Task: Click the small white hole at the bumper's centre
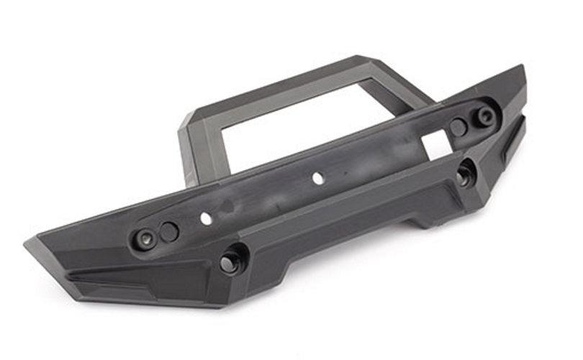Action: (x=316, y=176)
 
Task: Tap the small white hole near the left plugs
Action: (x=206, y=217)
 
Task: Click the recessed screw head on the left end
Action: (x=146, y=238)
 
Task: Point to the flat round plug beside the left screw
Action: (x=169, y=231)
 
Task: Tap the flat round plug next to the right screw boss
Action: (x=458, y=127)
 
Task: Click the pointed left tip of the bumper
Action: (x=27, y=243)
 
